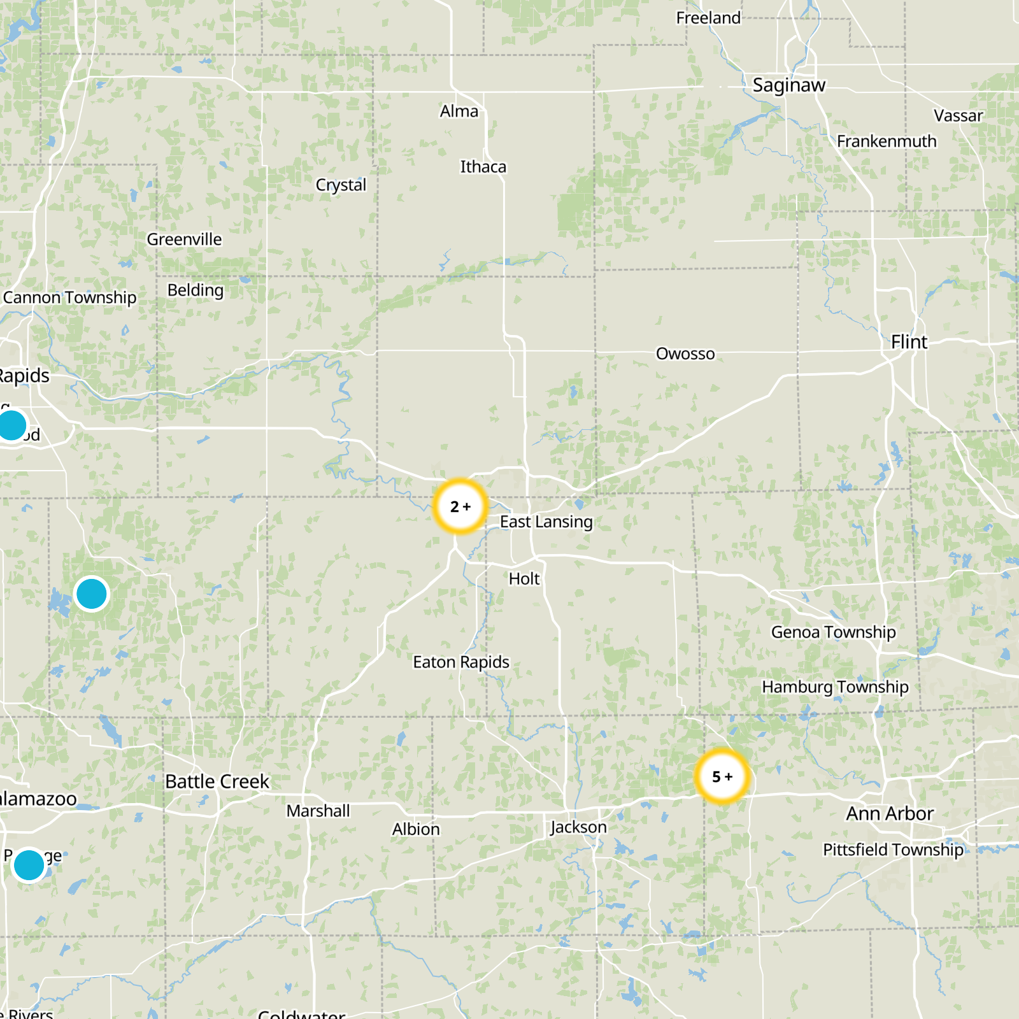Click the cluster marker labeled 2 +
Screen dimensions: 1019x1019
[460, 506]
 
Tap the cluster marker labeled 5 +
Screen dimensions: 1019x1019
[722, 776]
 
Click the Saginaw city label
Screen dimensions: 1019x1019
[788, 85]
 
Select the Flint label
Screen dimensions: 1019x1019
[909, 342]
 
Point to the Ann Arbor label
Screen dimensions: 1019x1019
[890, 813]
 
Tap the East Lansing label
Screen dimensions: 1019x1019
[546, 522]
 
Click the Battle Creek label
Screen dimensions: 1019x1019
[217, 781]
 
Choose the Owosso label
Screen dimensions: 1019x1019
[685, 353]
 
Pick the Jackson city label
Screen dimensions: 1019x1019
[578, 827]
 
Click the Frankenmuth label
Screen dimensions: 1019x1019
[887, 141]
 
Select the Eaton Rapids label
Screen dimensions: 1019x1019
[461, 662]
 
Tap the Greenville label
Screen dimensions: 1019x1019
[184, 239]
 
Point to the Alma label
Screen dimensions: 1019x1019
[459, 111]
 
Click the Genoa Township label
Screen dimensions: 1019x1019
[833, 632]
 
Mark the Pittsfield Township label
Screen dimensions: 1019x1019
[893, 850]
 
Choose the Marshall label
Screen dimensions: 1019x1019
[318, 811]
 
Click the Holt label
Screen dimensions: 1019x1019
[524, 578]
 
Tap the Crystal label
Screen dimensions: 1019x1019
[341, 185]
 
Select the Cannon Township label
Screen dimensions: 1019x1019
[69, 297]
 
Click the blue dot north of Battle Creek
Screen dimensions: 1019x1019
[92, 594]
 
